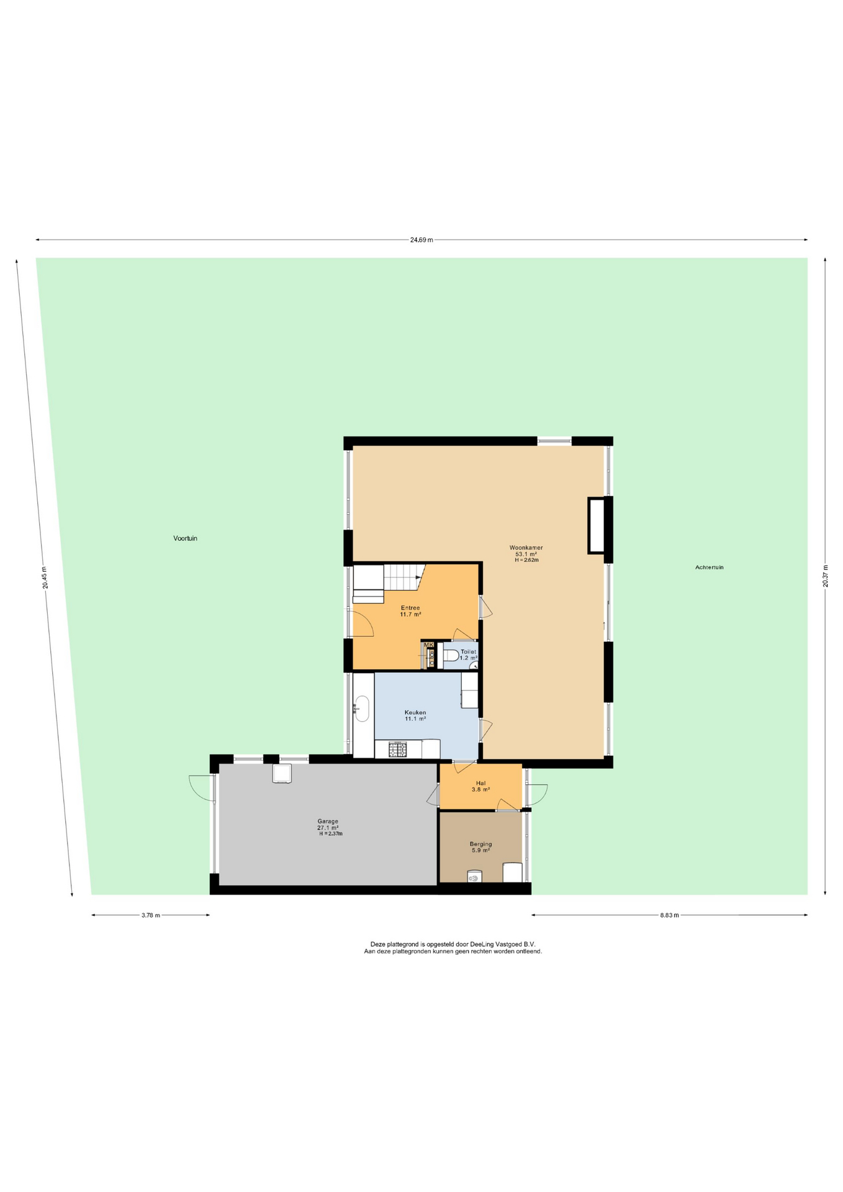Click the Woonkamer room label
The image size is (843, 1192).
(526, 548)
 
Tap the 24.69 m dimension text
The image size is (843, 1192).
(421, 240)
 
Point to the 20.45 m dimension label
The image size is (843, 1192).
(44, 577)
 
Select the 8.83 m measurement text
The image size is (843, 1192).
(669, 915)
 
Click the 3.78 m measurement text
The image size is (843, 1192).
(151, 915)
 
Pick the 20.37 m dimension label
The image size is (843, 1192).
(825, 576)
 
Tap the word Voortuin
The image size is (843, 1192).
(185, 538)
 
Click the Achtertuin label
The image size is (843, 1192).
(709, 567)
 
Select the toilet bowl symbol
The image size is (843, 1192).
(449, 655)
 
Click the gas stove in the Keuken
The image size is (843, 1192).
(398, 749)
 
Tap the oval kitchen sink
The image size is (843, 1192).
(361, 708)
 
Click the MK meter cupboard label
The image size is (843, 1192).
(428, 645)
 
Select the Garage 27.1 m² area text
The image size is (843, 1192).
(328, 828)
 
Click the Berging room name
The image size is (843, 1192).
(480, 844)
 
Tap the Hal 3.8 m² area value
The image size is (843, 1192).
(480, 790)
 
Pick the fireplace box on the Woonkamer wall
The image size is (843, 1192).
(597, 525)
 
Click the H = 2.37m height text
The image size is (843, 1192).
(331, 834)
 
